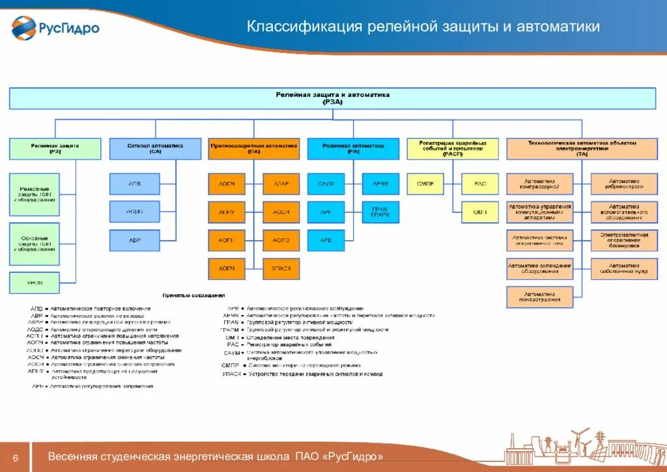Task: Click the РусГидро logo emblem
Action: click(x=24, y=27)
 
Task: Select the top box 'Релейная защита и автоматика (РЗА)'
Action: click(x=332, y=98)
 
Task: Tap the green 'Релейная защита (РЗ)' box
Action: click(x=55, y=148)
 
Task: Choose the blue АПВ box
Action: click(x=134, y=184)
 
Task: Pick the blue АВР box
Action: click(x=134, y=240)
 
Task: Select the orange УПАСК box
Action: click(x=281, y=268)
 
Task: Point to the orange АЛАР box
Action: click(x=281, y=184)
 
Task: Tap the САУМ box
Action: click(x=325, y=184)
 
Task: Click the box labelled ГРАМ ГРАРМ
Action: click(x=380, y=212)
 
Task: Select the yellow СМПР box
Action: click(x=425, y=184)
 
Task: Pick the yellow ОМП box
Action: click(x=480, y=212)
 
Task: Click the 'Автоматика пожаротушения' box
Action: click(x=540, y=297)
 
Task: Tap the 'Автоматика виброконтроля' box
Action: click(x=624, y=184)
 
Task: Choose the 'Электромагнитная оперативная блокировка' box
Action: click(x=624, y=240)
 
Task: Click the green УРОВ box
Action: click(x=34, y=283)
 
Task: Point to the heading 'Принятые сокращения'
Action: click(x=193, y=295)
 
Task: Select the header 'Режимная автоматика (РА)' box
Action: click(x=353, y=148)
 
